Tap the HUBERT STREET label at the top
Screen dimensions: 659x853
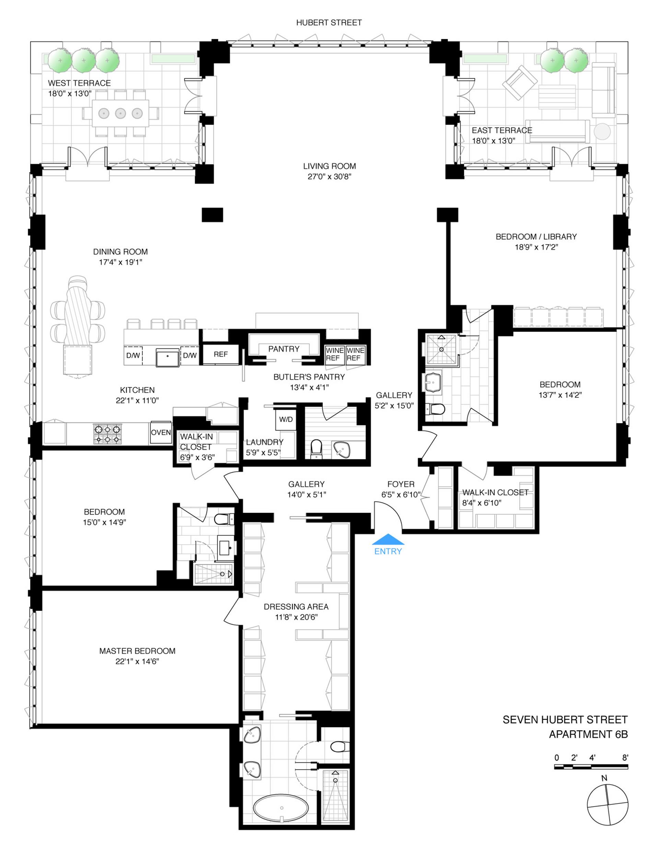(x=329, y=23)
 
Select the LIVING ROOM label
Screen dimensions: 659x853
(x=329, y=166)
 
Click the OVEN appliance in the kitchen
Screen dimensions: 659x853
(x=161, y=432)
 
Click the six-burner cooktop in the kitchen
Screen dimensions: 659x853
(x=107, y=434)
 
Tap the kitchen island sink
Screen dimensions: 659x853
(x=168, y=357)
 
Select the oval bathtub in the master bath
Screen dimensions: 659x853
(x=281, y=808)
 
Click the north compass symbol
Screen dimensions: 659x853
(x=608, y=805)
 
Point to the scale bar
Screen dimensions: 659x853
(x=591, y=767)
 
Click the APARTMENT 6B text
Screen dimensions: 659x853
(x=588, y=734)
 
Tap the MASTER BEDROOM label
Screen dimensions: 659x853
(x=137, y=651)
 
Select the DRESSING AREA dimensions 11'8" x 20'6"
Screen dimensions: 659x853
(x=296, y=617)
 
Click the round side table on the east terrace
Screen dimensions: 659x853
(x=602, y=131)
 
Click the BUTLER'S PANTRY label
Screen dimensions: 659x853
(x=309, y=377)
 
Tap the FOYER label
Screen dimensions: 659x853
(x=401, y=484)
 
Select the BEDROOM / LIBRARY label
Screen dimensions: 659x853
(x=536, y=236)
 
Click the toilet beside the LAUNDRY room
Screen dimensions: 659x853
(x=316, y=448)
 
